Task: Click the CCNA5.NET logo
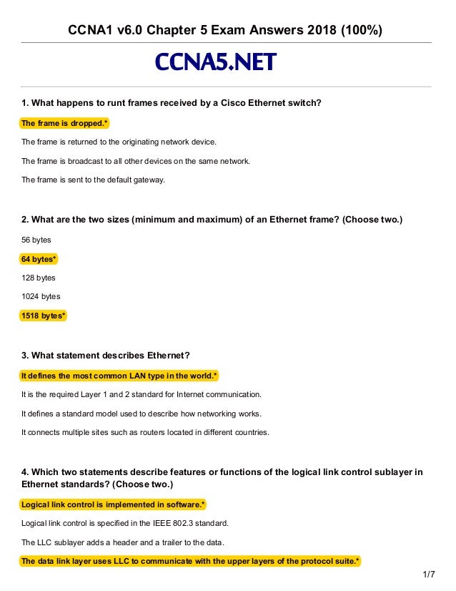tap(215, 63)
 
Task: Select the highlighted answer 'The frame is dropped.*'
tap(64, 123)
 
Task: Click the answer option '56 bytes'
tap(36, 240)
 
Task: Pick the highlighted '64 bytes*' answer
tap(39, 258)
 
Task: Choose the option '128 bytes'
tap(39, 277)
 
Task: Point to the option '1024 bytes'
tap(41, 295)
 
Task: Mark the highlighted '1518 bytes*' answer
tap(44, 314)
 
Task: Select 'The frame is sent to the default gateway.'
tap(93, 180)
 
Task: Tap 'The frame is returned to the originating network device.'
tap(118, 142)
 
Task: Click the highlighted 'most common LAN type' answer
tap(119, 375)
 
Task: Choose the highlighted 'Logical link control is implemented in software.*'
tap(113, 504)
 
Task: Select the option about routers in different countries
tap(145, 431)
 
